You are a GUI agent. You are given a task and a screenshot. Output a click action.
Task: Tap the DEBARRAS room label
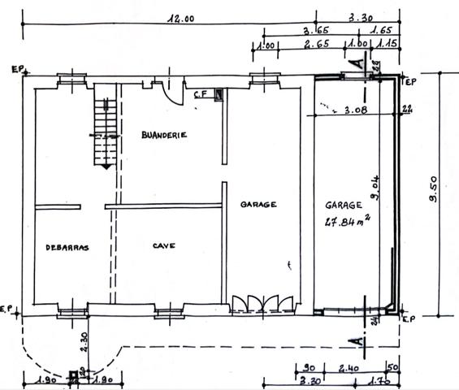[x=67, y=247]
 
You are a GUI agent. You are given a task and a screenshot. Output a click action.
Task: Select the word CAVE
[x=164, y=244]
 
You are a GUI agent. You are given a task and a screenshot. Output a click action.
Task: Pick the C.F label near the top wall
[x=201, y=95]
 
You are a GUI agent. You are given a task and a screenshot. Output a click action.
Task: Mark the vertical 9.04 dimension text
[x=376, y=188]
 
